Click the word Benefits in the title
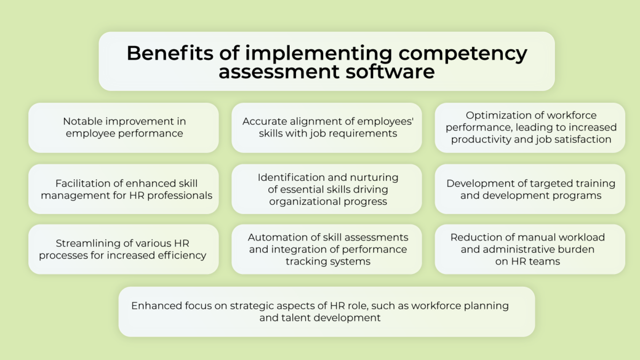point(158,53)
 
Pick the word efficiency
point(180,255)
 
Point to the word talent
point(296,318)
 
